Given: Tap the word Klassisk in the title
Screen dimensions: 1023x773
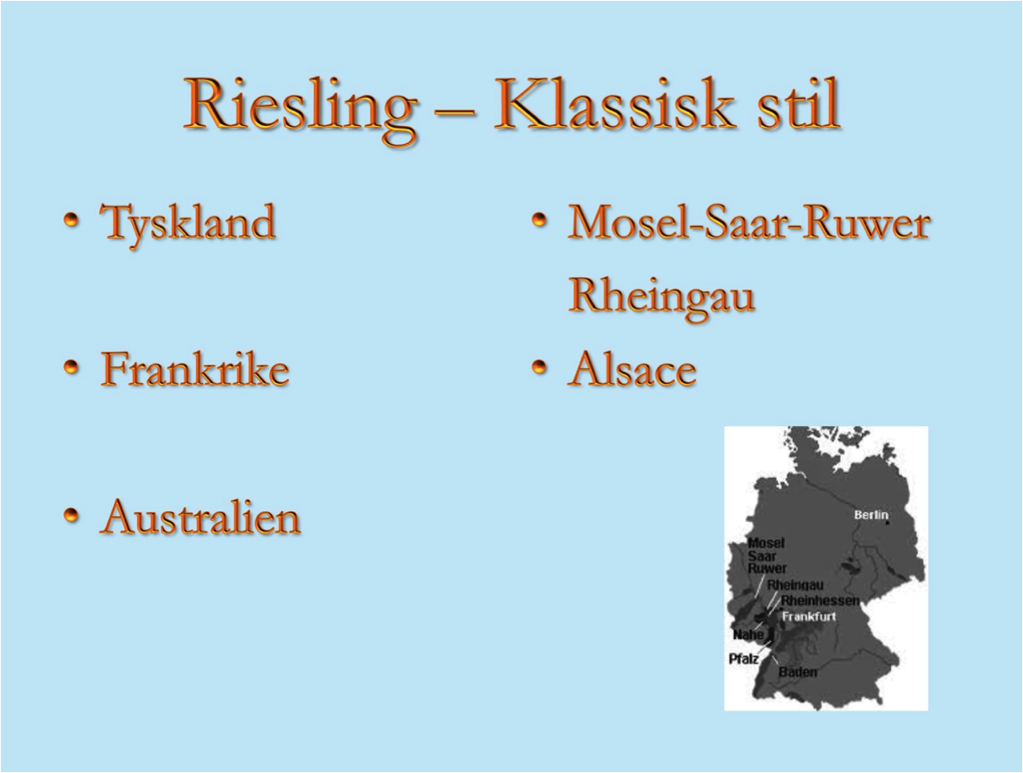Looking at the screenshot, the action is coord(612,104).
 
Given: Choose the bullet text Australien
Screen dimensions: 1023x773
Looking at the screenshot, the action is coord(200,517).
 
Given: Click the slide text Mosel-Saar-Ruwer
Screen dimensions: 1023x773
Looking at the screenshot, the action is coord(749,222).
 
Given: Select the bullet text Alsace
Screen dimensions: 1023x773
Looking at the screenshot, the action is coord(632,368).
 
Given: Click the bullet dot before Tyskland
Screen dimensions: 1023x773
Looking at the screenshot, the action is coord(72,221).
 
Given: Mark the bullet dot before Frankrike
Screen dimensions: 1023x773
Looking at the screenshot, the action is coord(72,368).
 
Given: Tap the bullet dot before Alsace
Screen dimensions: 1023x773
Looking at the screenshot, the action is coord(539,368).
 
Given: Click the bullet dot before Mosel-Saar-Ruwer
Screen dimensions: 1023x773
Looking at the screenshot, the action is coord(539,221).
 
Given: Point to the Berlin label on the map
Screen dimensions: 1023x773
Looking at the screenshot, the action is coord(872,515).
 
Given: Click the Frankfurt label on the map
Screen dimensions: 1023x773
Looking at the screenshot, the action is coord(809,616).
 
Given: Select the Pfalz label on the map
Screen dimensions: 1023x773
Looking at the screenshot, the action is coord(744,659).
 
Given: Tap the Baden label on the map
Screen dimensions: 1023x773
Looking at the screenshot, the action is coord(798,671).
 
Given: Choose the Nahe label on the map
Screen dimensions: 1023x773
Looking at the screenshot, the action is coord(748,635).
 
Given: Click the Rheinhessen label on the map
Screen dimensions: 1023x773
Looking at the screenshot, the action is coord(820,600).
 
